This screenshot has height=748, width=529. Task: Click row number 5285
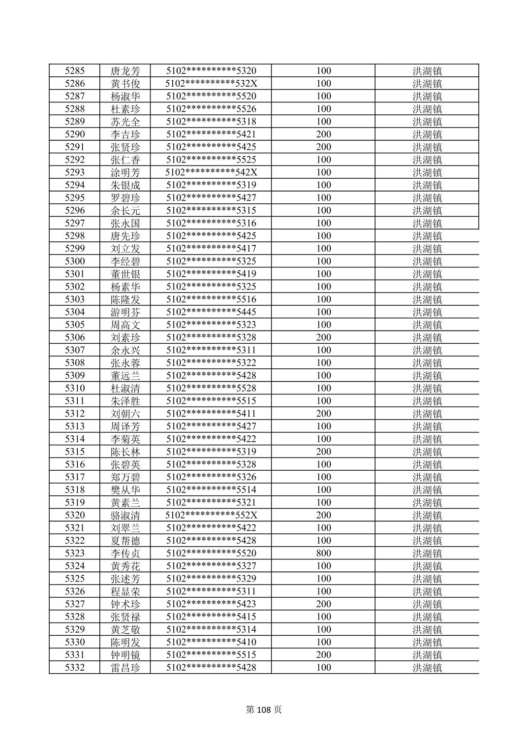coord(75,71)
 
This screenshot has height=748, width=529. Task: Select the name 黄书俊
coord(125,84)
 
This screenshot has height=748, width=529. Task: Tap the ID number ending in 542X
coord(211,172)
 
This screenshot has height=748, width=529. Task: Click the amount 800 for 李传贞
coord(323,553)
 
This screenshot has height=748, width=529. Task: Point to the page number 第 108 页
coord(264,710)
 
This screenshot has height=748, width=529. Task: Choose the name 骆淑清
coord(125,516)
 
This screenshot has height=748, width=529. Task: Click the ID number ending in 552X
coord(211,515)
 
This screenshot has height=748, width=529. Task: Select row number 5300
coord(75,261)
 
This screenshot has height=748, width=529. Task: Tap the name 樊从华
coord(125,490)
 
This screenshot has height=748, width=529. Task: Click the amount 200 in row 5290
coord(323,134)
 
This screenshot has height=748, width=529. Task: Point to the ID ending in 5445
coord(211,312)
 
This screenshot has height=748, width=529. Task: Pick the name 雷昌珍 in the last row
coord(125,668)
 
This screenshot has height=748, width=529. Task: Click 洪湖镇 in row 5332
coord(427,668)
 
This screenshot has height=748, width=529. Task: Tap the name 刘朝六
coord(125,414)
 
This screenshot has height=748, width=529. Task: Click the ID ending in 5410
coord(211,642)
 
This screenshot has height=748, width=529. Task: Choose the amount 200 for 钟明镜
coord(323,655)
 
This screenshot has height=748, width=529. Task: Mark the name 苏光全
coord(125,122)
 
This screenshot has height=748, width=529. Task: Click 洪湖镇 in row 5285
coord(427,71)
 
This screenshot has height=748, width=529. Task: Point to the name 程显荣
coord(125,591)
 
